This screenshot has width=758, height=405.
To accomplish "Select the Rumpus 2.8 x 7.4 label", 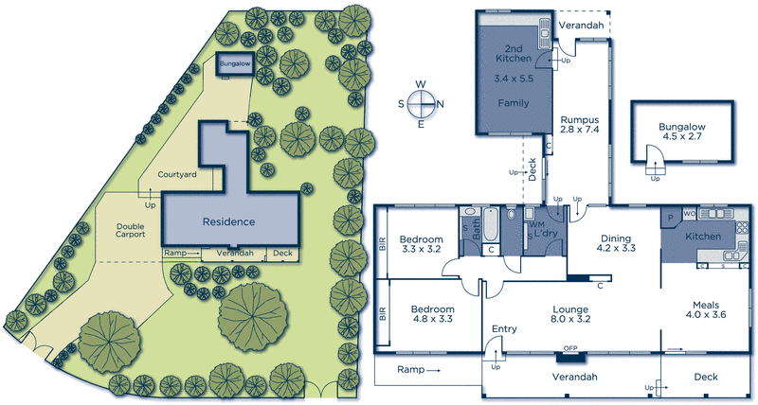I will point(577,126).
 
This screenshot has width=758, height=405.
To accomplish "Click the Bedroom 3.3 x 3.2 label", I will point(422,244).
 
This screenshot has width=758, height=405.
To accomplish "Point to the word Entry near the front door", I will point(504,329).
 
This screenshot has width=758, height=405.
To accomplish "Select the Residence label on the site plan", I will point(228,221).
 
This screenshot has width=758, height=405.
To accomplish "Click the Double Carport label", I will point(130,230).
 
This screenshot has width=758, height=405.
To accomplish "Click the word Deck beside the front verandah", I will point(706,377).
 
